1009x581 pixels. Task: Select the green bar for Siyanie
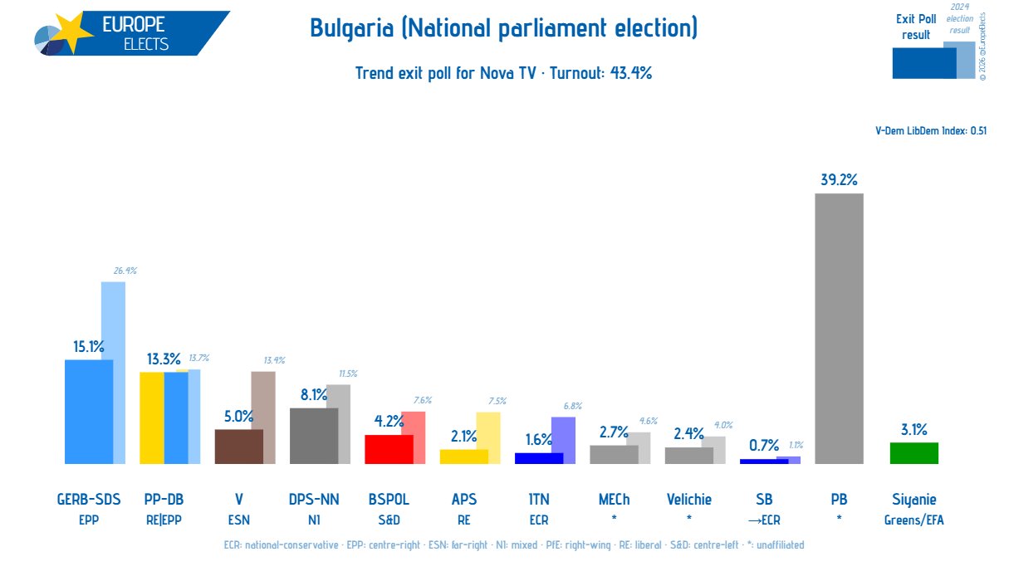[913, 453]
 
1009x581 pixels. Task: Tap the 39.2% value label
[837, 179]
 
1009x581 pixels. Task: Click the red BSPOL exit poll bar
[383, 449]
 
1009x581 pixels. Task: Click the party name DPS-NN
[313, 500]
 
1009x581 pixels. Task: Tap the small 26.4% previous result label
[125, 270]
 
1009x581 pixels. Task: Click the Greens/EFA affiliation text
[913, 520]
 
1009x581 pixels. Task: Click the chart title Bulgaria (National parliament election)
[504, 28]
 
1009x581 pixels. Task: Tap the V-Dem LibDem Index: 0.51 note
[931, 130]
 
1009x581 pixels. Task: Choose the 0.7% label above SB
[757, 445]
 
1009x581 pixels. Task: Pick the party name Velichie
[688, 500]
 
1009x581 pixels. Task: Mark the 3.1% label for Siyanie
[913, 429]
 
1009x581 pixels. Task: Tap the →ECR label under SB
[764, 520]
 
